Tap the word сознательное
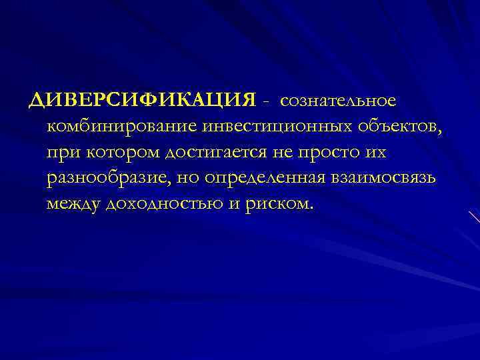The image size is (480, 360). click(x=338, y=100)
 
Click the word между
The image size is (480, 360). click(x=73, y=205)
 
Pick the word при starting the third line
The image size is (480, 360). click(x=60, y=153)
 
